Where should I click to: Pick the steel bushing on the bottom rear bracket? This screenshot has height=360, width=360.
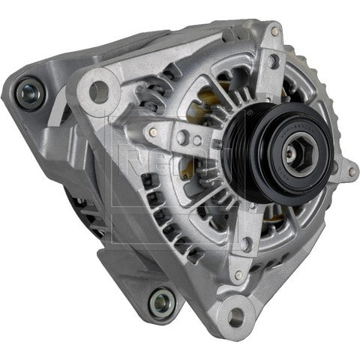[x=162, y=303]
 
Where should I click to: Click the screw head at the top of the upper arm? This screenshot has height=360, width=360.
[x=274, y=31]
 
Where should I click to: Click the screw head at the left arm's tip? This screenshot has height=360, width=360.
[x=154, y=132]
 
